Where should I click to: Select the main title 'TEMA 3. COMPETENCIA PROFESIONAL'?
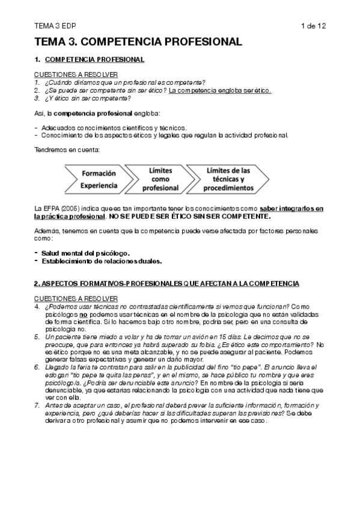tap(138, 42)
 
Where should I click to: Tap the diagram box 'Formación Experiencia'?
tap(99, 179)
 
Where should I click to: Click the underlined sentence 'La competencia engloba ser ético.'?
tap(220, 91)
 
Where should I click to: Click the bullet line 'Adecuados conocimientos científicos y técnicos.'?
tap(114, 127)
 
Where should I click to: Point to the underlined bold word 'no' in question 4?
tap(84, 314)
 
